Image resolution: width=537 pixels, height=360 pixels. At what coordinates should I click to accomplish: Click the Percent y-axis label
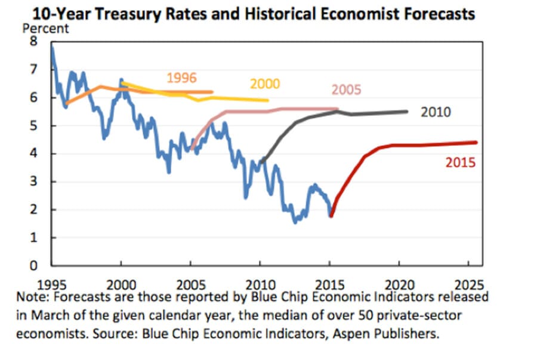[x=45, y=28]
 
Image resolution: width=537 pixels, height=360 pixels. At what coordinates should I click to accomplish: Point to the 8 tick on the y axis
[x=34, y=42]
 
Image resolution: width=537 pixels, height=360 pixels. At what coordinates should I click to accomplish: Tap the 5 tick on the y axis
[x=34, y=126]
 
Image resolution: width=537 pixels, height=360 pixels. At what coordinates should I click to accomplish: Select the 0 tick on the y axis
[x=34, y=266]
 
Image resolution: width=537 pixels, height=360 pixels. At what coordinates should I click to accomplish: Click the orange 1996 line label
[x=181, y=78]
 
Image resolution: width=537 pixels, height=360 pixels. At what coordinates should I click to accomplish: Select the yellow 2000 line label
[x=265, y=84]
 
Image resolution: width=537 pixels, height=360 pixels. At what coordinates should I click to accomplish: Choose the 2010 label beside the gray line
[x=436, y=112]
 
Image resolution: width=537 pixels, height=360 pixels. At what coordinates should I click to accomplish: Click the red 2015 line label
[x=461, y=161]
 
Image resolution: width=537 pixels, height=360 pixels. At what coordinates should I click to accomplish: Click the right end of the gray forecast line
[x=408, y=111]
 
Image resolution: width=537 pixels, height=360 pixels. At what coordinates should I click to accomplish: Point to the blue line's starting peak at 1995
[x=52, y=47]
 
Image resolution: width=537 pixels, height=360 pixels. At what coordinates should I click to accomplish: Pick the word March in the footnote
[x=58, y=315]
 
